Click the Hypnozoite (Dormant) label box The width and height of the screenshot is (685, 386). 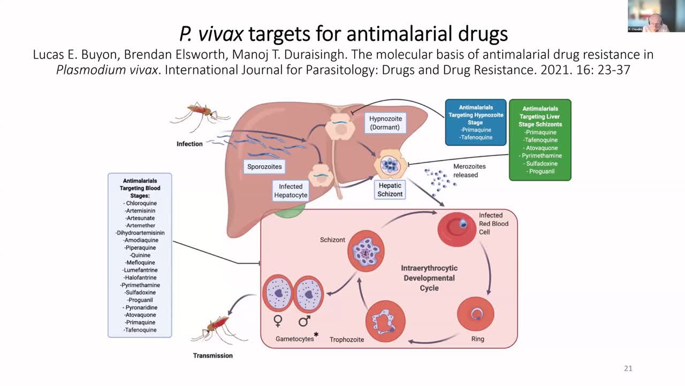[385, 123]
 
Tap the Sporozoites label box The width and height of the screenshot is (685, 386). [264, 167]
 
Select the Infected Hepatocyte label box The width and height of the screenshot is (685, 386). [291, 191]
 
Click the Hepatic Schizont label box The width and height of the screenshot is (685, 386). [390, 190]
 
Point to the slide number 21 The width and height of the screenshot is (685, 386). [628, 368]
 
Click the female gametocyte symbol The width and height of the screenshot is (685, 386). [278, 321]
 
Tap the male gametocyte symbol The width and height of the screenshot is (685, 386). [304, 321]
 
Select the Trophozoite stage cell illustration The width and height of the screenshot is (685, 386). [385, 321]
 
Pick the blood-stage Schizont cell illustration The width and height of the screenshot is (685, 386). [367, 250]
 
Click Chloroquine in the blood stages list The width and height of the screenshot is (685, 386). [140, 203]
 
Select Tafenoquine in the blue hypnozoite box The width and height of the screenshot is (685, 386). [476, 137]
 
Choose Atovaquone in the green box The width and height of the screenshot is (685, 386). [541, 148]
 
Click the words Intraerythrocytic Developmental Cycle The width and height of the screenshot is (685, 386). [429, 278]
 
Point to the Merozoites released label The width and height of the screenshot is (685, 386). [469, 170]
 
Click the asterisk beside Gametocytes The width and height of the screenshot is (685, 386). [316, 335]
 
